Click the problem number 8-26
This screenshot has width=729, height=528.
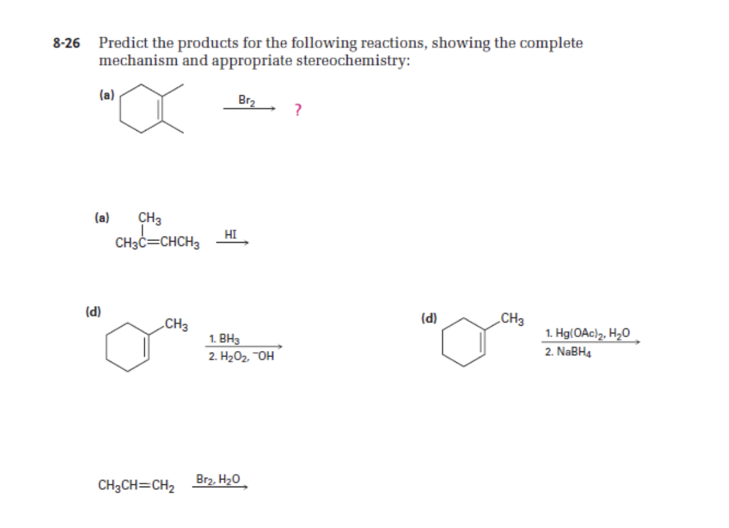point(66,43)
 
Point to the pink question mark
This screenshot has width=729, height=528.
point(297,110)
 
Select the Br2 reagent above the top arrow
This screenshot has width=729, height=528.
point(247,100)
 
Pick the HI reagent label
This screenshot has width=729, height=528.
point(230,234)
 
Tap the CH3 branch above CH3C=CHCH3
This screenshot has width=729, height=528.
point(150,219)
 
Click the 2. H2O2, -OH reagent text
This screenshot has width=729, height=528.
point(240,356)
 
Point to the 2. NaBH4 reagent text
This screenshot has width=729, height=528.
point(568,352)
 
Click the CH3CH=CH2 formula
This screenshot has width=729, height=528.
point(137,486)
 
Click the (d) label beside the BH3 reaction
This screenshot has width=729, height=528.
point(93,311)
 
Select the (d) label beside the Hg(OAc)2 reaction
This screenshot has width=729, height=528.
point(429,318)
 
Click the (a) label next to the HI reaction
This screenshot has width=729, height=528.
point(102,218)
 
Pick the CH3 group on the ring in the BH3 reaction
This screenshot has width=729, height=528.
point(176,324)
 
